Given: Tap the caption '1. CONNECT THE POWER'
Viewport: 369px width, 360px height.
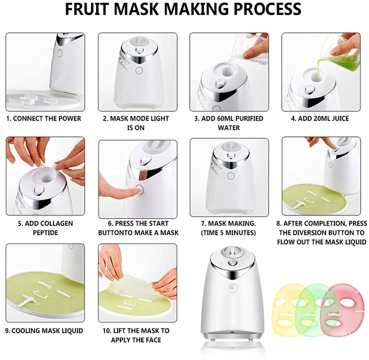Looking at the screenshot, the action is pos(43,119).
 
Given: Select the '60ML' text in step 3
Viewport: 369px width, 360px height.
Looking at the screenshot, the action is pos(227,119).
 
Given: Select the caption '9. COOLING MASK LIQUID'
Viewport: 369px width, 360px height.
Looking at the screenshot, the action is pos(44,331).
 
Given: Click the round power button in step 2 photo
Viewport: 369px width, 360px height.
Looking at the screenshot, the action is pos(139,70).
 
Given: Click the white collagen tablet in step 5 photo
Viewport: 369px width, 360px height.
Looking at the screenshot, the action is pos(43,163).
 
